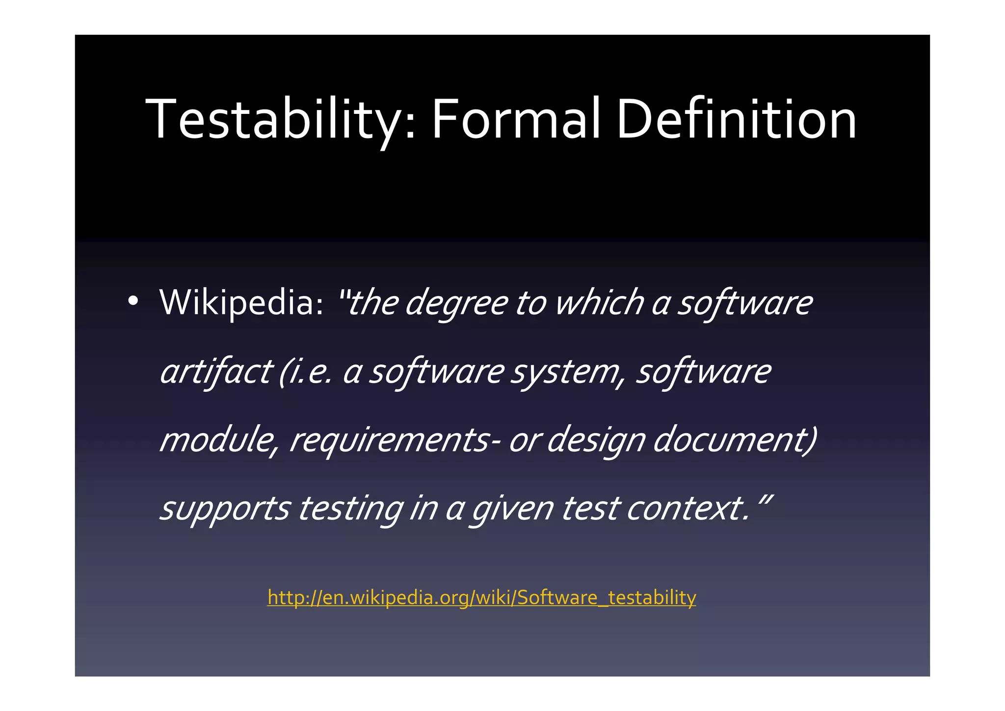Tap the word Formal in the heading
click(515, 119)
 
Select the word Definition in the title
click(736, 119)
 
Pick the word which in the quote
click(599, 302)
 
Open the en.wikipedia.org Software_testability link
click(481, 598)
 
